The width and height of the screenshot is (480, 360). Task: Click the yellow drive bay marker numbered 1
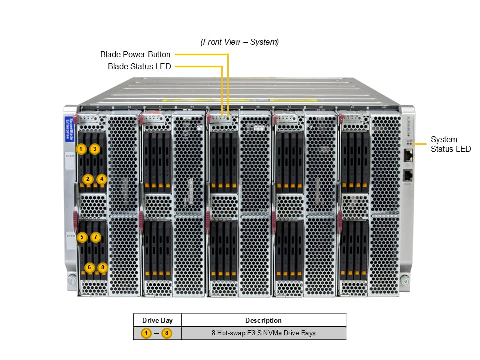point(81,149)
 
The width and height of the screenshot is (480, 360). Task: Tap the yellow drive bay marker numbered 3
point(95,149)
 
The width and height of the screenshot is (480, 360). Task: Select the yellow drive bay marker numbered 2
point(88,179)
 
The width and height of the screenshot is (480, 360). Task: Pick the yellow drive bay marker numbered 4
point(102,179)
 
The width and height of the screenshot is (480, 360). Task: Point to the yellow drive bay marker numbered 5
point(82,237)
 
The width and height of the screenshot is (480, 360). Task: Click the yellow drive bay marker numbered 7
point(96,237)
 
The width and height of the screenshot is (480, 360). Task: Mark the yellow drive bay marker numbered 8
point(103,268)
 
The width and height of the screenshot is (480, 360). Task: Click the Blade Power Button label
point(135,54)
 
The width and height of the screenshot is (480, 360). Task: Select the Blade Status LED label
point(139,66)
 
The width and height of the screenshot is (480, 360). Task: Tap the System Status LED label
point(450,144)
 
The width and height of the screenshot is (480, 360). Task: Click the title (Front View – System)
point(240,42)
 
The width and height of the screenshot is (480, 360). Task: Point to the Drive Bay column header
point(157,320)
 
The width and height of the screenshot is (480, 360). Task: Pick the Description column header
point(263,320)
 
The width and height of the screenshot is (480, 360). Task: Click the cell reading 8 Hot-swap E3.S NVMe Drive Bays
point(263,333)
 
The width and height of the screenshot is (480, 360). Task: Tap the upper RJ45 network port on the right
point(408,156)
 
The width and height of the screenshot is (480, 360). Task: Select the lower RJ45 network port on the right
point(408,176)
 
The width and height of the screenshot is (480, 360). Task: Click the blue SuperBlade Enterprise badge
point(70,129)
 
